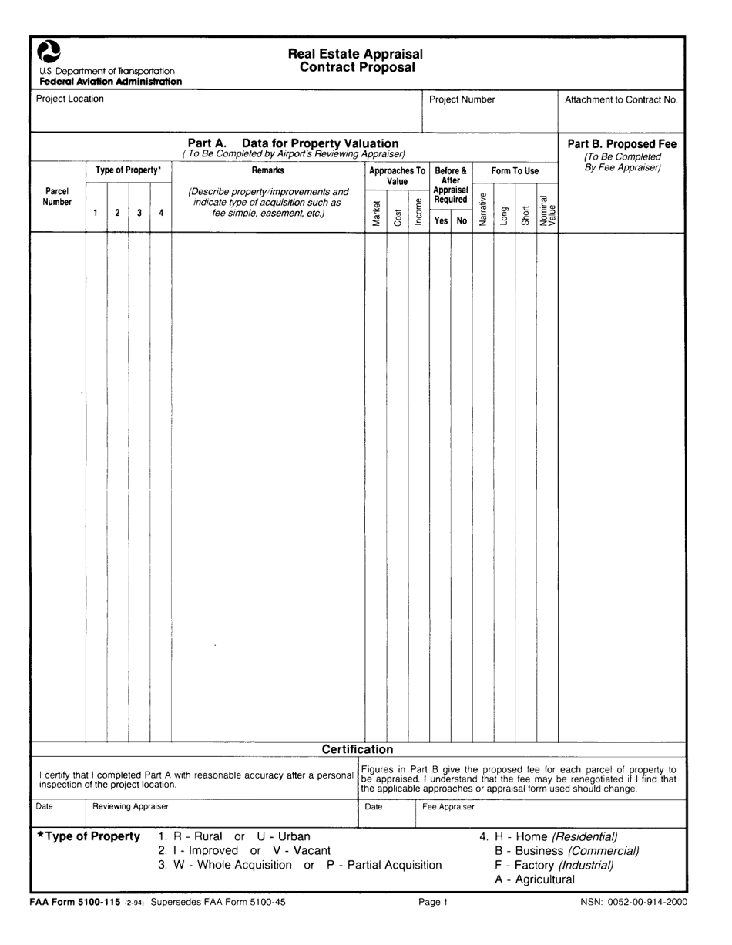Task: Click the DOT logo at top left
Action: (49, 52)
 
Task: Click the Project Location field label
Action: (69, 99)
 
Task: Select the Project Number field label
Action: (462, 99)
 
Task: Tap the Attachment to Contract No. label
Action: (621, 99)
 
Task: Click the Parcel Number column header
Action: (57, 197)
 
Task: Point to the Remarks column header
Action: (267, 170)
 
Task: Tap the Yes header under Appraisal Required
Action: (441, 220)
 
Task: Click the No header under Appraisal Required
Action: (462, 220)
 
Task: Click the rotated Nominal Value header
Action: (547, 209)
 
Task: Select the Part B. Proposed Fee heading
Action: (622, 143)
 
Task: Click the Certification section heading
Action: (357, 749)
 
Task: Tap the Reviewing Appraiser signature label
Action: (130, 806)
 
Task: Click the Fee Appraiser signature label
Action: (448, 807)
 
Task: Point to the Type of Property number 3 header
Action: (139, 212)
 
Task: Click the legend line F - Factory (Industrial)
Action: (554, 866)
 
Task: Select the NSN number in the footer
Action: (633, 902)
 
